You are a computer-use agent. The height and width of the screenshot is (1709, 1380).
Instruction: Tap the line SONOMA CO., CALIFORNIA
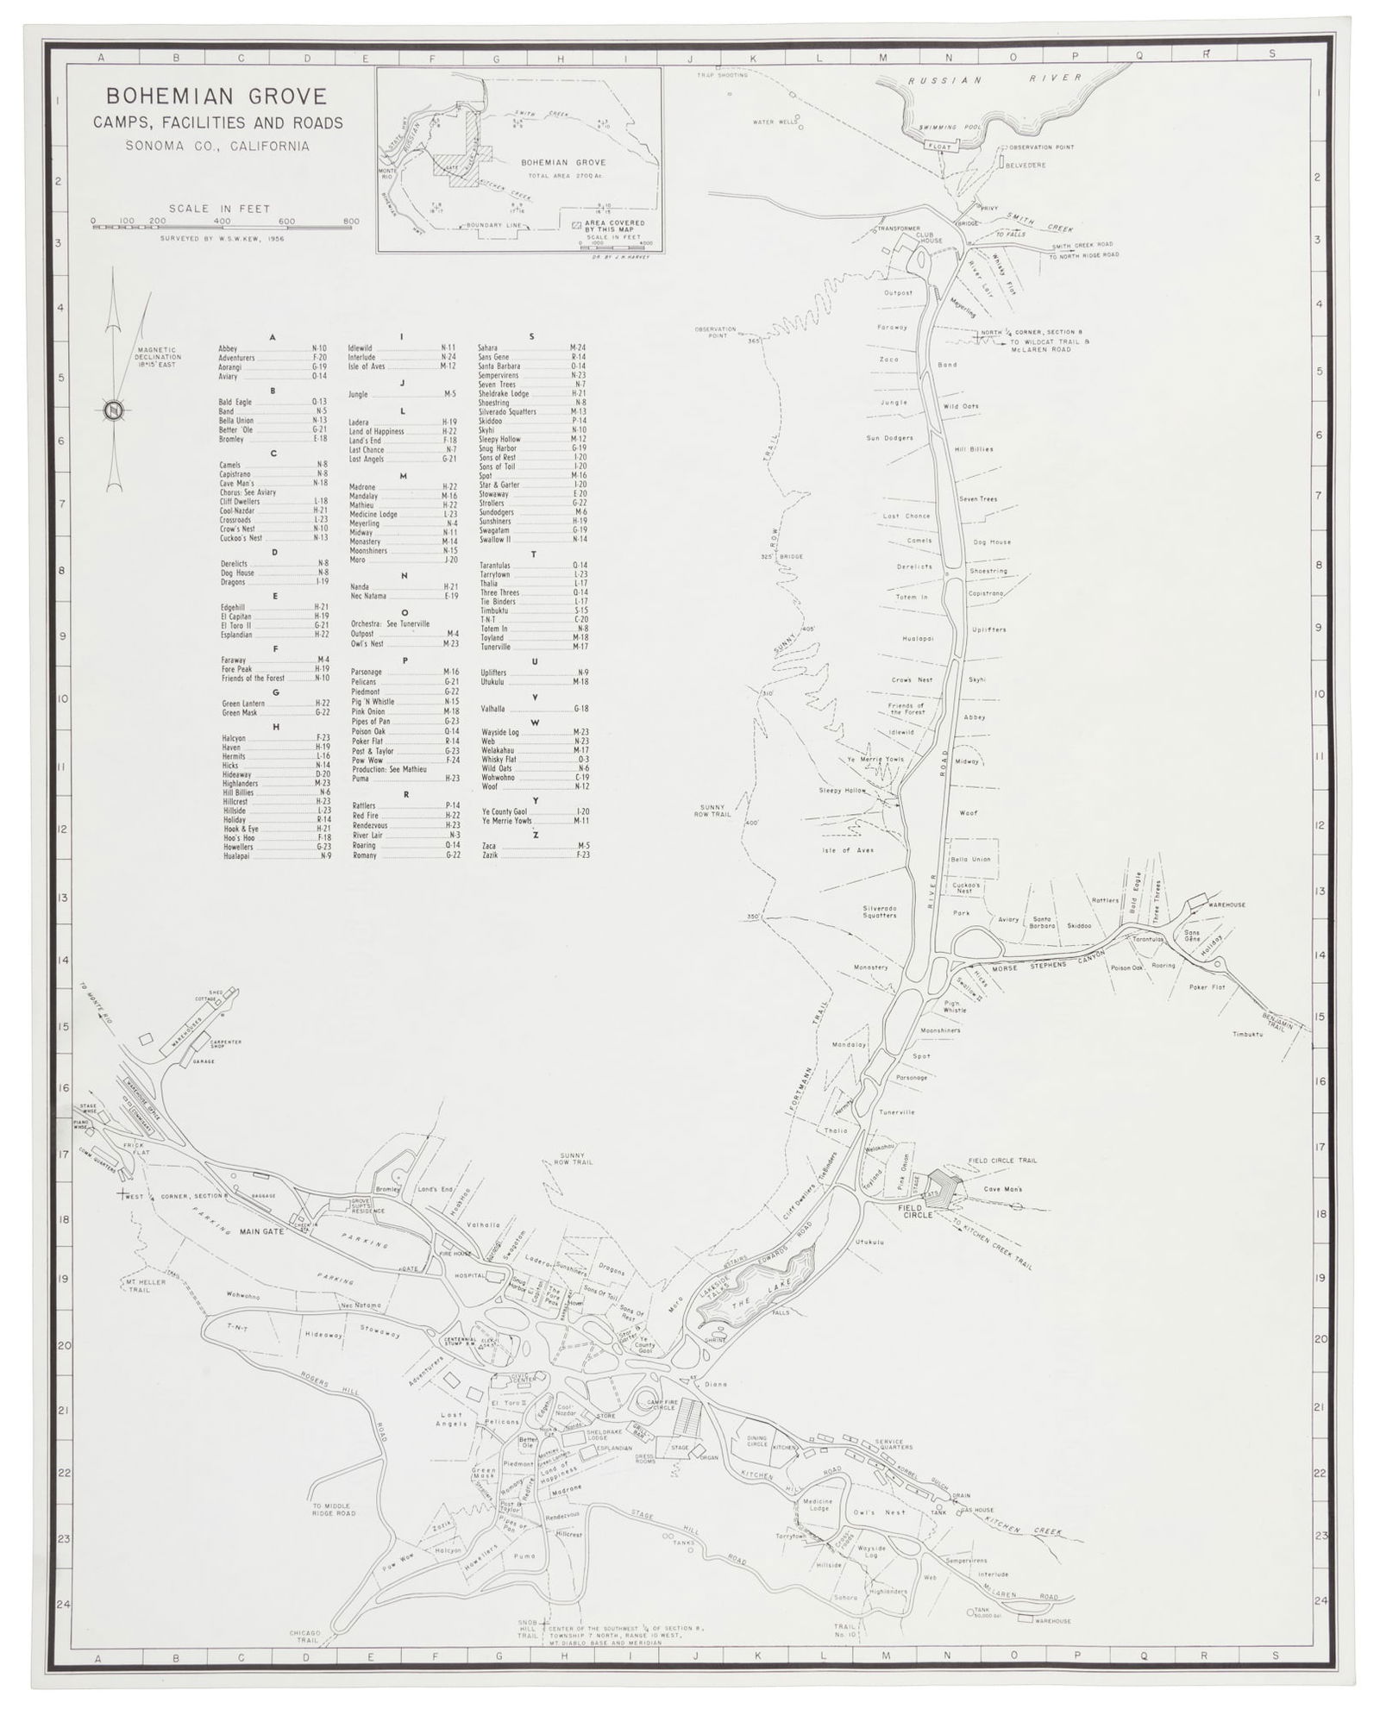click(216, 146)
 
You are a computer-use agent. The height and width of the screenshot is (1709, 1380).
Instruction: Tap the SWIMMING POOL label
click(950, 128)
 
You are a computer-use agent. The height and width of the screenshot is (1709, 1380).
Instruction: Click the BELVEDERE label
click(1026, 165)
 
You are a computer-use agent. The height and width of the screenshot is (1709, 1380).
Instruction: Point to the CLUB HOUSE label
click(930, 236)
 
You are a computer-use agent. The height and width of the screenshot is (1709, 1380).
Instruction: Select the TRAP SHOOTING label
click(723, 76)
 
